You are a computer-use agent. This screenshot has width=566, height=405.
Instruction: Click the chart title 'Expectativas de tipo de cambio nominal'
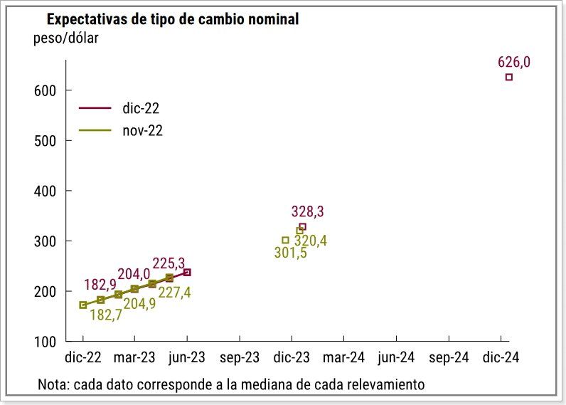172,19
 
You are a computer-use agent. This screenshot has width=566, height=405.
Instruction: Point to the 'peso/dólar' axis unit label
65,38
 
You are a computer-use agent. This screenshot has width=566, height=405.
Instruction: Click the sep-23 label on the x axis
240,358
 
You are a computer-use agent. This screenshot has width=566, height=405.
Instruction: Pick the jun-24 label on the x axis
396,358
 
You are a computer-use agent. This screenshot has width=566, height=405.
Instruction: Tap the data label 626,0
514,62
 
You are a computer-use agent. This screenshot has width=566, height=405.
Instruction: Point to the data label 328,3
308,211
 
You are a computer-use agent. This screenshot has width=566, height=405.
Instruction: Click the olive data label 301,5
291,253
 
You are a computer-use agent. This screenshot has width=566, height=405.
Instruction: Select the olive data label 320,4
311,241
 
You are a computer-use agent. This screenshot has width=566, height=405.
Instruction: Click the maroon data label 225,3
168,264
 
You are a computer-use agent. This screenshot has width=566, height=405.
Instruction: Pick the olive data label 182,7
107,315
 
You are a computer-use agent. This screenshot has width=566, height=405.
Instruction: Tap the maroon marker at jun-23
187,272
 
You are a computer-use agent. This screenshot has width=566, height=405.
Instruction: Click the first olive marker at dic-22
83,305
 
